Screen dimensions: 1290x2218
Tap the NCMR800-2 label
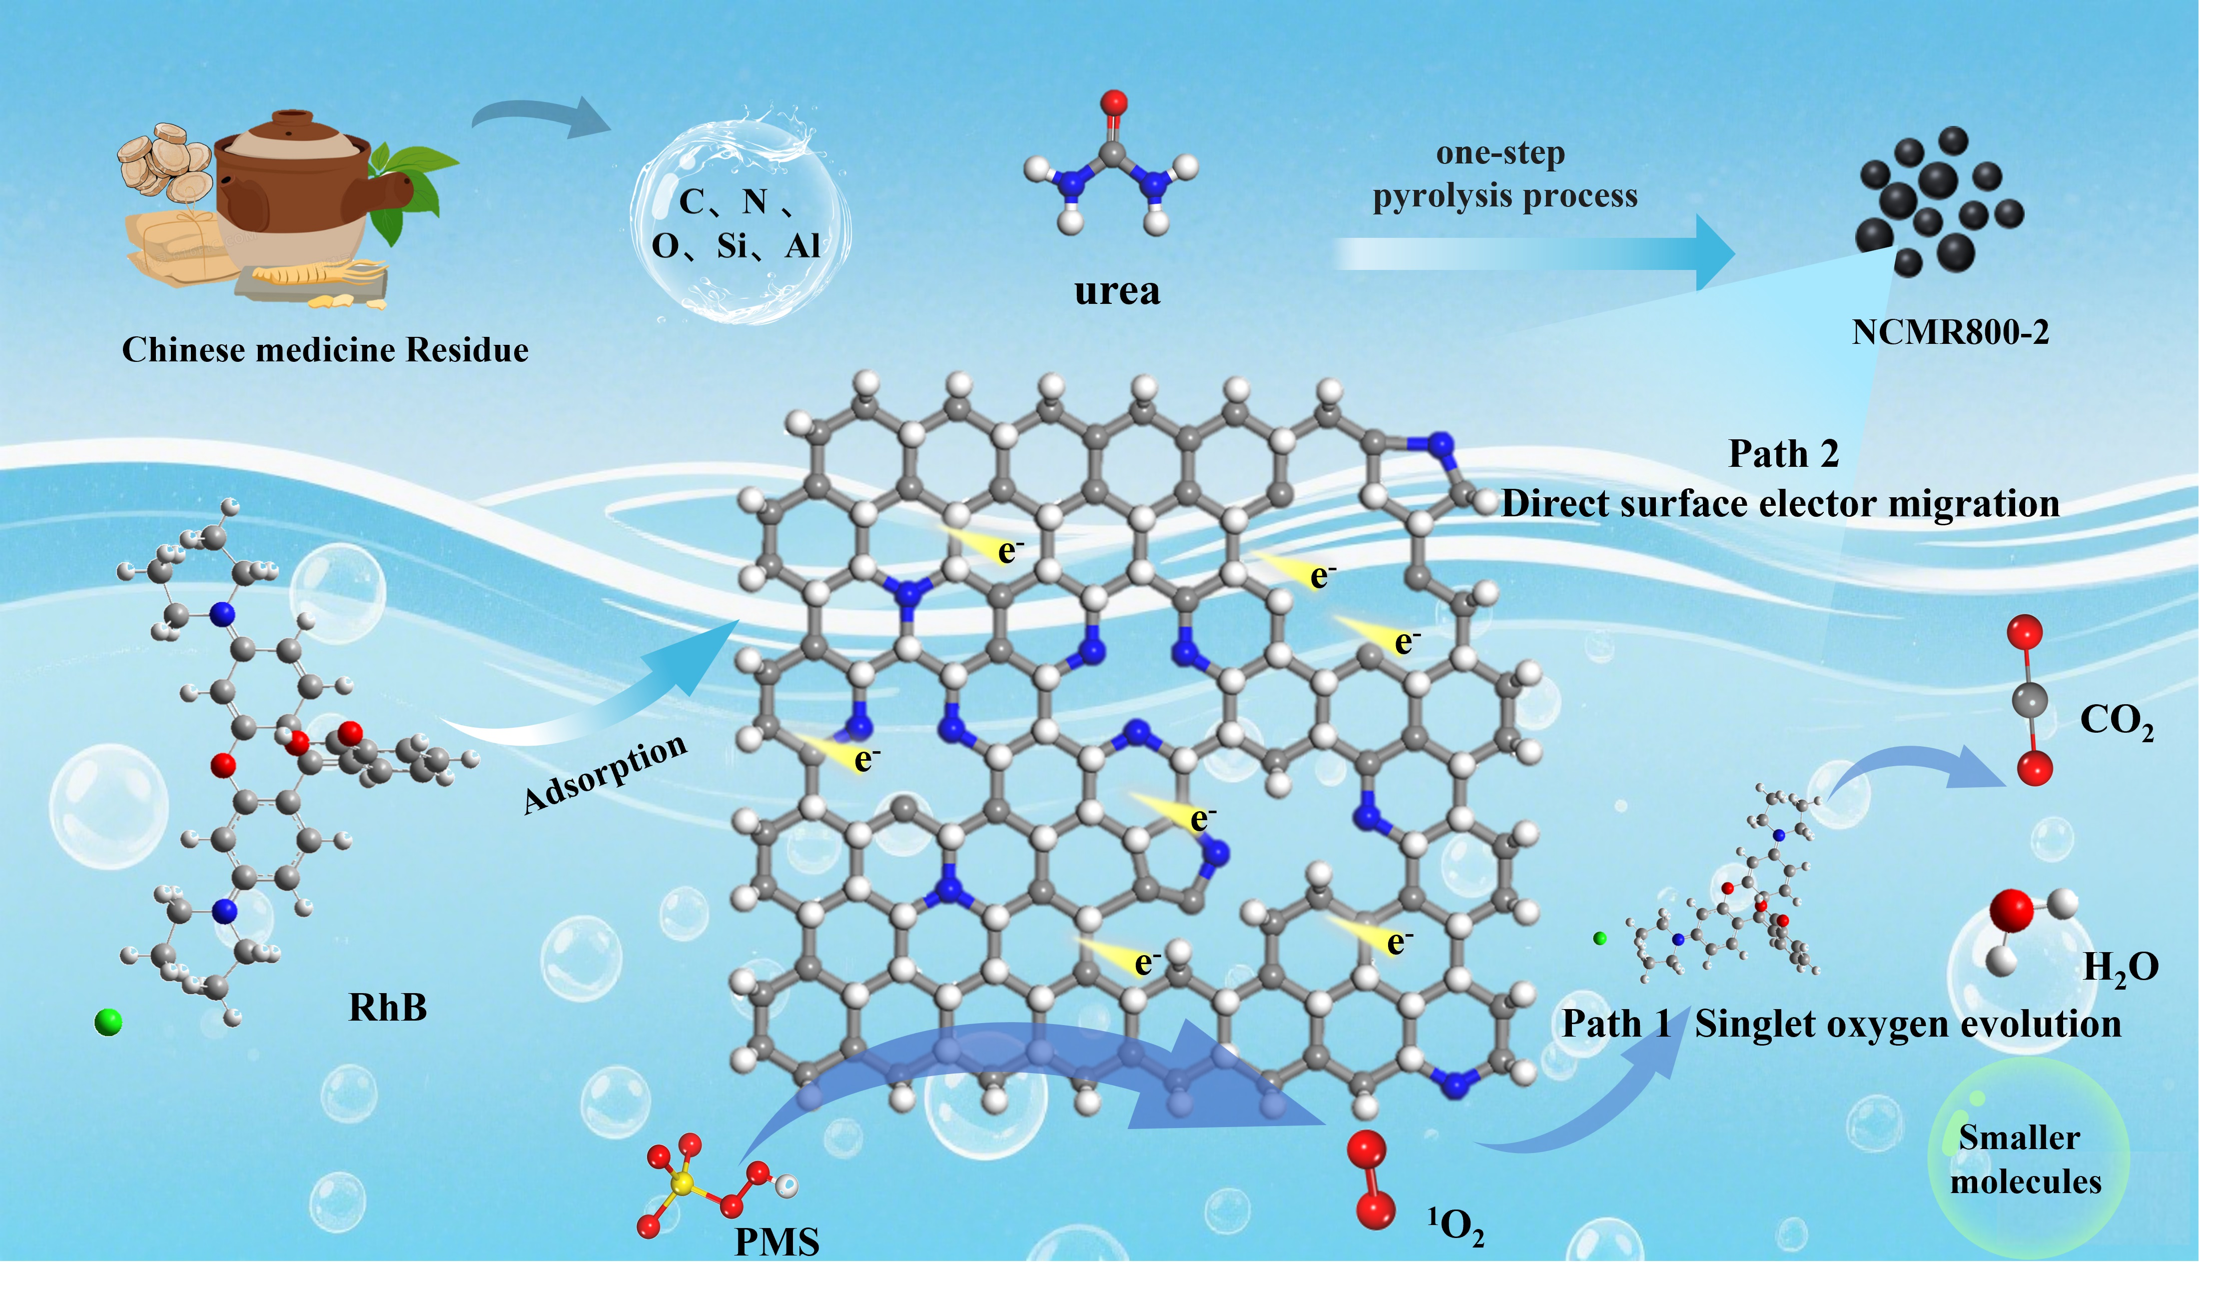[x=1951, y=333]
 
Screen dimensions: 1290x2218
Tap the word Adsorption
[x=606, y=774]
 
